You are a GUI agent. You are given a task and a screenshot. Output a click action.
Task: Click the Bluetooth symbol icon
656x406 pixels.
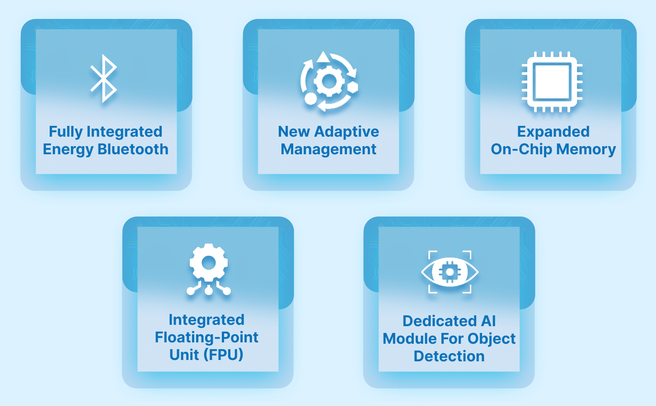(103, 79)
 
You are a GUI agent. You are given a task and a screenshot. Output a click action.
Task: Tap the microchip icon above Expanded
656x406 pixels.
(552, 82)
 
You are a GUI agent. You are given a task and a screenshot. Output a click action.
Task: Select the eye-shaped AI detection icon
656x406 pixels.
(450, 272)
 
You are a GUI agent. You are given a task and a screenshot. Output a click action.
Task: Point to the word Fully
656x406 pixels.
(66, 132)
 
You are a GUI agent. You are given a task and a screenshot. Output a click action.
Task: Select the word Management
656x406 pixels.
(328, 149)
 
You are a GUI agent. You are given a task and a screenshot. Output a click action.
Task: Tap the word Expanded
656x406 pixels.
(553, 132)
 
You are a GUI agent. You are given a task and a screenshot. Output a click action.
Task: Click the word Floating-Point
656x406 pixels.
(206, 337)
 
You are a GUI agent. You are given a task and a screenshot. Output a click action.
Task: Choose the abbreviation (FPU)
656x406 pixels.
(223, 355)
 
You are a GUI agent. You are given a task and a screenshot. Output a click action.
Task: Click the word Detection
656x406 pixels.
(449, 356)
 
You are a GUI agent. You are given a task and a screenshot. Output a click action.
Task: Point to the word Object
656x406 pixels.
(492, 339)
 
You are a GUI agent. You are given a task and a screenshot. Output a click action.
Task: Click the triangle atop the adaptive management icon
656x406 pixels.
(323, 57)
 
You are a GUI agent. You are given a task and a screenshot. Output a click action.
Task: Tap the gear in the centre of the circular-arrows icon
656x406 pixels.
(328, 81)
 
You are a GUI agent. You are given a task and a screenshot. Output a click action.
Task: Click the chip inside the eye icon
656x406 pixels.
(450, 272)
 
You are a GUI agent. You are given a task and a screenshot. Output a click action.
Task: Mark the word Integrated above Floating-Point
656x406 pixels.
(206, 320)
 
